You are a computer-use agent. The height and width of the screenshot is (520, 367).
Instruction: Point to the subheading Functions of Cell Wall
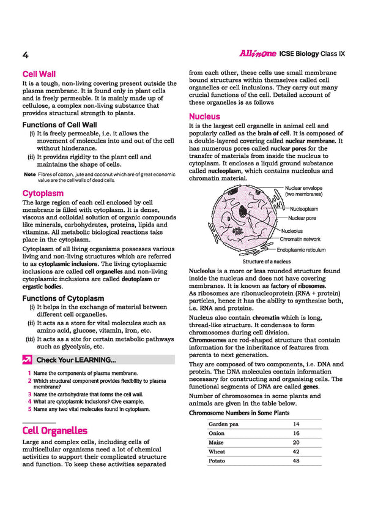63,124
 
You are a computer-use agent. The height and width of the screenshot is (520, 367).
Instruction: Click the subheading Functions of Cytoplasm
63,298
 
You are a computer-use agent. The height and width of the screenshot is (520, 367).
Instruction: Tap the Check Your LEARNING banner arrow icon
28,360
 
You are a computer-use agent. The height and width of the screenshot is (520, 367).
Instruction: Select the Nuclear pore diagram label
302,218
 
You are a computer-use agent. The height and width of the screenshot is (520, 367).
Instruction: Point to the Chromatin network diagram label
300,239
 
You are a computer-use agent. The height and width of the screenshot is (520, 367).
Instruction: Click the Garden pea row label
223,424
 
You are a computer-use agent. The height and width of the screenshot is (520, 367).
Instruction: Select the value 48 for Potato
296,461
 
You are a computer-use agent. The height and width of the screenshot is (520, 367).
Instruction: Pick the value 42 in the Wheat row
296,451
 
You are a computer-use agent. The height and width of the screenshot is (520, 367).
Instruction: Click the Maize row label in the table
217,442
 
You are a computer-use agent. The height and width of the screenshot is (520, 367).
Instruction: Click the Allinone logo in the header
257,54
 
